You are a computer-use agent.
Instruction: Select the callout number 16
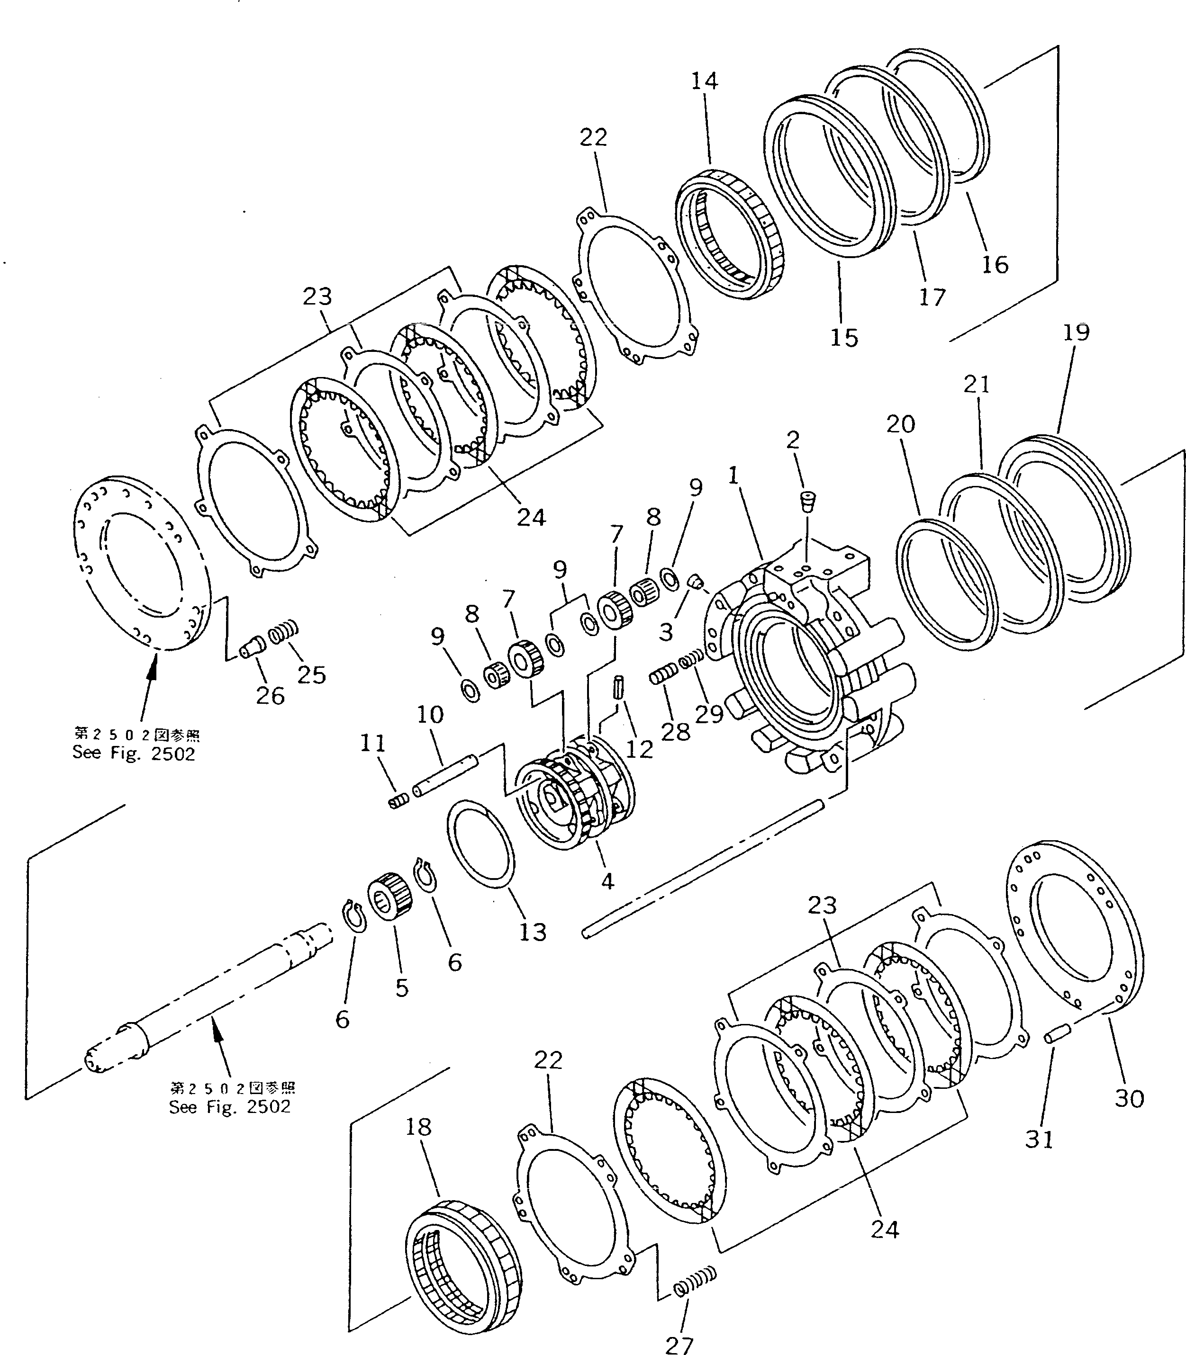tap(995, 265)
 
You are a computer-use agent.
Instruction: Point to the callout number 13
tap(533, 932)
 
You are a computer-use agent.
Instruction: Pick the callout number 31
tap(1039, 1157)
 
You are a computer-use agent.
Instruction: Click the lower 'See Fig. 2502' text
tap(230, 1108)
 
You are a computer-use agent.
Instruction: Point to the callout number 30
tap(1130, 1098)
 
